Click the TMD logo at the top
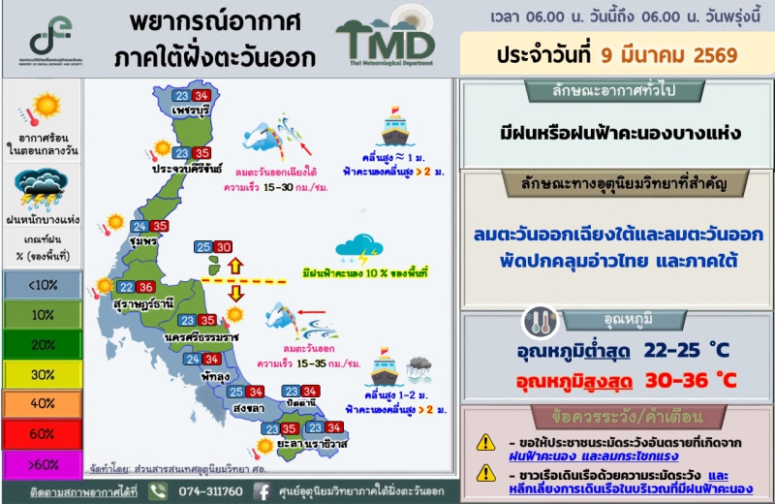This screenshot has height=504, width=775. [x=386, y=38]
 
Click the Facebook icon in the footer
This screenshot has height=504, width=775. [x=261, y=490]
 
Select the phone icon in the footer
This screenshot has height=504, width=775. [x=159, y=490]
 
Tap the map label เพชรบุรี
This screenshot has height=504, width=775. [x=191, y=112]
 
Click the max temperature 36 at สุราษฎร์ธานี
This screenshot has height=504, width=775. [x=146, y=287]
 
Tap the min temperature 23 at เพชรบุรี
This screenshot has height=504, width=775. [x=181, y=96]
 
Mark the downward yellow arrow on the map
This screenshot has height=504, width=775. [x=233, y=294]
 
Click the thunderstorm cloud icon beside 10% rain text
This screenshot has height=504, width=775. [x=357, y=251]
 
